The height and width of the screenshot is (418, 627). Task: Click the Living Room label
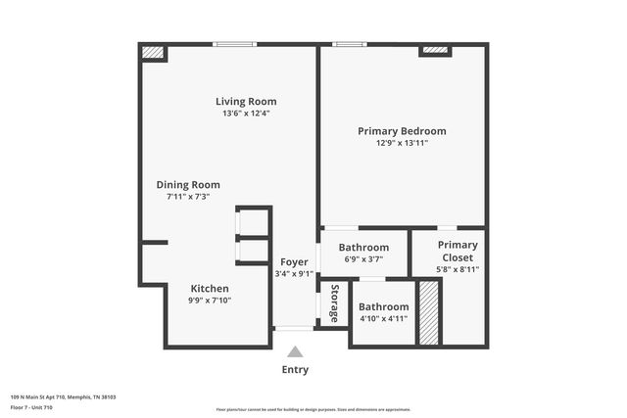click(246, 101)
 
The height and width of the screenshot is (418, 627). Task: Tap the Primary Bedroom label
click(402, 131)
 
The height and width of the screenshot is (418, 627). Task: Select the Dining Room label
click(188, 184)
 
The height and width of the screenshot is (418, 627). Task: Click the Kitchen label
click(210, 289)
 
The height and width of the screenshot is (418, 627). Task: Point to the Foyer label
click(294, 262)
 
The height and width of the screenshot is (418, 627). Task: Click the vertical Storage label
click(335, 302)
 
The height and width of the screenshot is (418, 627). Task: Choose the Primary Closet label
click(458, 251)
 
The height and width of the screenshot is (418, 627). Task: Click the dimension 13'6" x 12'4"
click(246, 114)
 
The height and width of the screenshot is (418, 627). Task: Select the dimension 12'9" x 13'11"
click(402, 143)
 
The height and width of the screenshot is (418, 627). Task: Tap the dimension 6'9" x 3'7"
click(363, 260)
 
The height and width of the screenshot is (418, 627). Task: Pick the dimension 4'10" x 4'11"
click(383, 319)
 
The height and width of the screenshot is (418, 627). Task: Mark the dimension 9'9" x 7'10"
click(210, 301)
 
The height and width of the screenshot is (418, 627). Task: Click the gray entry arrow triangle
click(295, 351)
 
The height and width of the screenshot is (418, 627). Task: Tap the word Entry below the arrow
click(295, 369)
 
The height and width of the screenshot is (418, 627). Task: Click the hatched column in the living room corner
click(153, 52)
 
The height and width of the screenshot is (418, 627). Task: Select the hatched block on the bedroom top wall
click(434, 49)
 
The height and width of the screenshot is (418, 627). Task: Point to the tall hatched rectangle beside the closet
click(428, 312)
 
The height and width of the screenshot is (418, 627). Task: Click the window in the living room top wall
click(235, 43)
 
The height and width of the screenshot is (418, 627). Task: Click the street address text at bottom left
click(63, 396)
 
